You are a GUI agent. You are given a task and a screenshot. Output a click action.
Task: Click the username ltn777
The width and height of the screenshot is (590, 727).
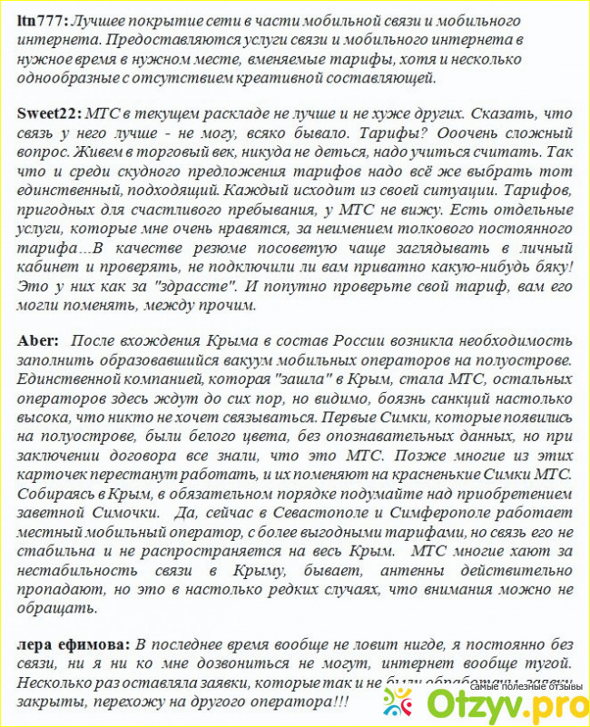(x=42, y=19)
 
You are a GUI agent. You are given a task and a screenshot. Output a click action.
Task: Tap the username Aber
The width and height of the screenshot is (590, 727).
(x=36, y=341)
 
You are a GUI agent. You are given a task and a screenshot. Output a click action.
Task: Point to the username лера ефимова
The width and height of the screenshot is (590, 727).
(x=73, y=645)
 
